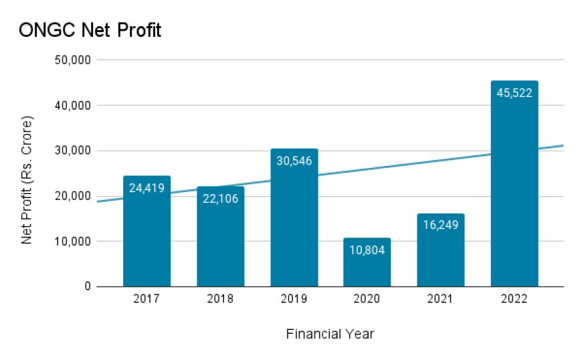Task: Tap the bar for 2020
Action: click(367, 268)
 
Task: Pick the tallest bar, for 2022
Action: click(514, 194)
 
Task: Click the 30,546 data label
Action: click(294, 161)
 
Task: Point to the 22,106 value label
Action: click(220, 198)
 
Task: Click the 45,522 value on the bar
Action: click(514, 93)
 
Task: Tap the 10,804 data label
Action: click(367, 250)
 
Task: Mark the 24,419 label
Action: click(147, 188)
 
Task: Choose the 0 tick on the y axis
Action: click(87, 286)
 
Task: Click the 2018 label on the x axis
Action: click(220, 299)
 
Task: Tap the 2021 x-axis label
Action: click(440, 299)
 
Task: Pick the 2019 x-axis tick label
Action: click(294, 299)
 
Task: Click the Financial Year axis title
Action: click(330, 333)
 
